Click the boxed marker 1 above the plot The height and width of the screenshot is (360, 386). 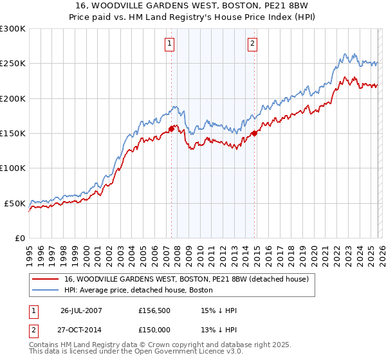point(169,44)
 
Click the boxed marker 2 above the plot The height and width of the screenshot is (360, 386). point(252,44)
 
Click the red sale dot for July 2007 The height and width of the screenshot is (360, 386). point(172,129)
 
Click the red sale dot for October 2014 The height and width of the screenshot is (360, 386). point(255,133)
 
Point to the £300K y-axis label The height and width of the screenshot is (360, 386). point(12,29)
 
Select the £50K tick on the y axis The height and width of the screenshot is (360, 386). point(15,203)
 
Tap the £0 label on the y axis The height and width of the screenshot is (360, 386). point(20,238)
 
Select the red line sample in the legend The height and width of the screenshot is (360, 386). point(46,279)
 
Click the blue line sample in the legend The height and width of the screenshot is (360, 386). point(46,290)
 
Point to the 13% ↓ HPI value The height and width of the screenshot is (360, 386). point(219,330)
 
